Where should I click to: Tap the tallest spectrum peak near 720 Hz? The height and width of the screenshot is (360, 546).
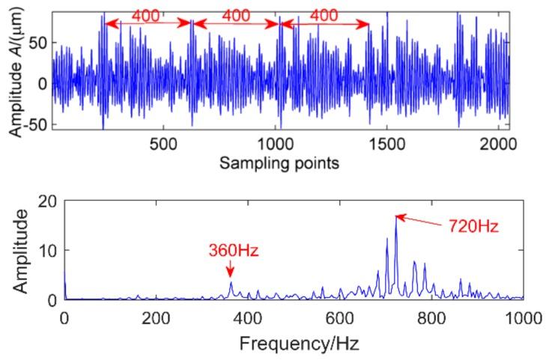coord(395,218)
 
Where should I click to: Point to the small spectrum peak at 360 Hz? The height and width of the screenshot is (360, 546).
coord(231,283)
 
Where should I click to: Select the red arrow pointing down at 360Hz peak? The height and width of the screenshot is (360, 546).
coord(231,269)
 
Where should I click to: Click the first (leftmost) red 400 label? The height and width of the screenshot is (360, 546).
coord(146,15)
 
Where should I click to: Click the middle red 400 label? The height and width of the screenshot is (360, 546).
coord(236,15)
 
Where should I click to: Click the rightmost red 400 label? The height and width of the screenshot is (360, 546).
coord(324,15)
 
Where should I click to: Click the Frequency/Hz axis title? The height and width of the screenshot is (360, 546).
coord(293,344)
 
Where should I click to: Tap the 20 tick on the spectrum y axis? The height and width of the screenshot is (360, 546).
coord(48,201)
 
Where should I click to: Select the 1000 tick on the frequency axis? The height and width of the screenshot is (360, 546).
coord(522,317)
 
